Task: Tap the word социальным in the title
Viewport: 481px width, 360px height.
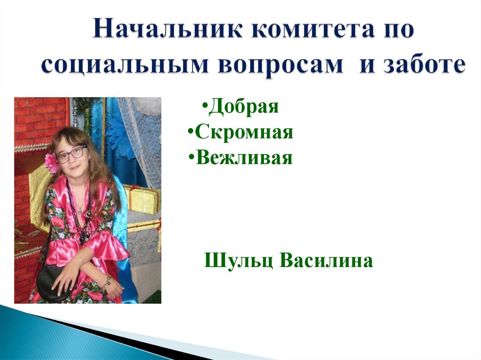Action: [118, 65]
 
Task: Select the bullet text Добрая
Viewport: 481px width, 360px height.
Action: [244, 106]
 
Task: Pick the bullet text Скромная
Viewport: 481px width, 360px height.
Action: [244, 132]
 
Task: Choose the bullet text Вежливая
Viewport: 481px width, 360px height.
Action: [244, 158]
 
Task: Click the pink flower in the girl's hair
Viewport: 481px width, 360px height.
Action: [51, 161]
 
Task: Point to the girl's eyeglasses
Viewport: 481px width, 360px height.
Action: [71, 154]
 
